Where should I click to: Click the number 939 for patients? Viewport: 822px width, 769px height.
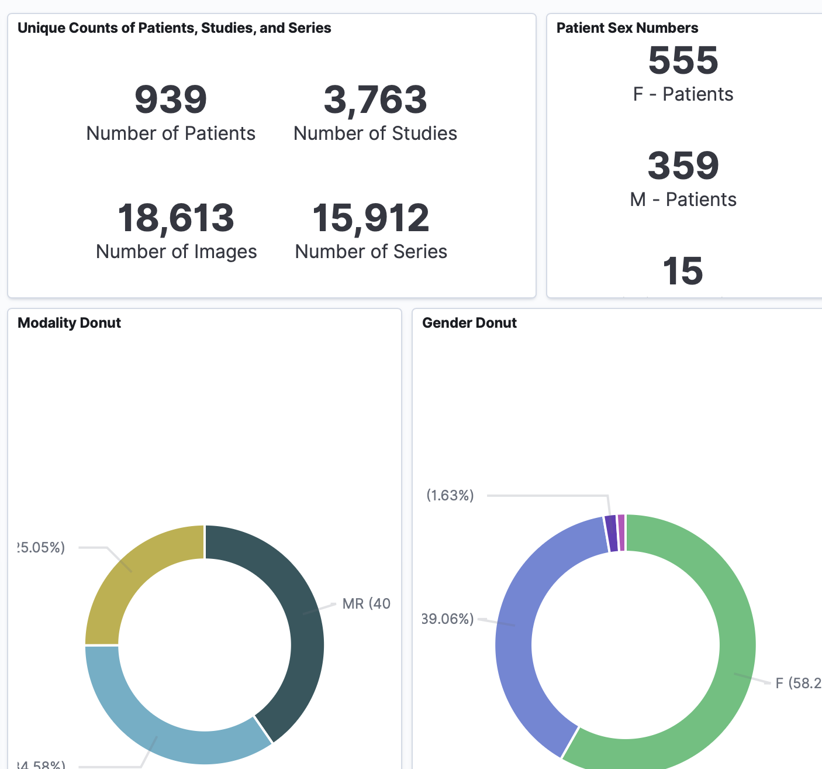[171, 99]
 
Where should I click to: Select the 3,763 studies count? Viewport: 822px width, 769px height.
[375, 99]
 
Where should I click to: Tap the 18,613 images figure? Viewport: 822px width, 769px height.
[176, 218]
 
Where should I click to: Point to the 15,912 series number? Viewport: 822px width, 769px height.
[371, 218]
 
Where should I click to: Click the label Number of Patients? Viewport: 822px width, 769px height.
[171, 133]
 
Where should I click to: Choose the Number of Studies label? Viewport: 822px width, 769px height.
[375, 133]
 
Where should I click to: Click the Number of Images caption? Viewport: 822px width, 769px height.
[176, 252]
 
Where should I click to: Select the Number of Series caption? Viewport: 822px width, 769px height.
[371, 252]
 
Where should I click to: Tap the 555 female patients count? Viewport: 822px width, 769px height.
[683, 60]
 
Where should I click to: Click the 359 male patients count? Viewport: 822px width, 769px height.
[683, 166]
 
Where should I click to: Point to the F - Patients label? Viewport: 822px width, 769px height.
[683, 94]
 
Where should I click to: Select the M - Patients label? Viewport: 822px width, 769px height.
[683, 200]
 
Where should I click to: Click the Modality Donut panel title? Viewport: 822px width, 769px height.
[69, 323]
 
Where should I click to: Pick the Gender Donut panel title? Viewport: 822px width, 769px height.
[469, 323]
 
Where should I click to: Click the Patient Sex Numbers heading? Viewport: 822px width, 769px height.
[627, 28]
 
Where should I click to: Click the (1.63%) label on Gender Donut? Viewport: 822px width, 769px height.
[450, 496]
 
